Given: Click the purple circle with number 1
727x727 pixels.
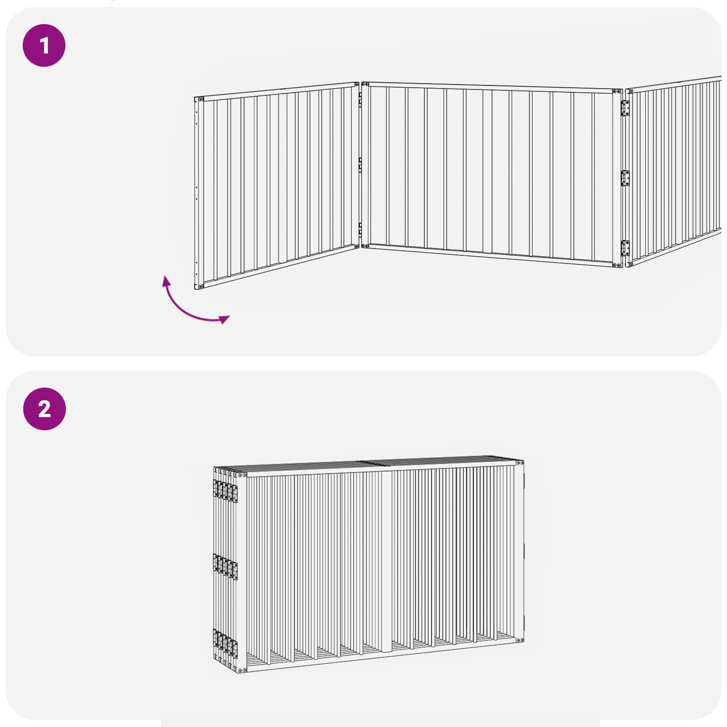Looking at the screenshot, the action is click(x=44, y=45).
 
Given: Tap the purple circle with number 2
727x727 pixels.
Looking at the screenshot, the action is click(x=44, y=409).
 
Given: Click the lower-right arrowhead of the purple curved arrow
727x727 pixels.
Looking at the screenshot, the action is click(x=224, y=319).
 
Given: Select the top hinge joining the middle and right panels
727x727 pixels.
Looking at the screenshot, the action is click(x=626, y=109).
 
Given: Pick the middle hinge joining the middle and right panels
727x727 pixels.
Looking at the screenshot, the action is click(x=626, y=178).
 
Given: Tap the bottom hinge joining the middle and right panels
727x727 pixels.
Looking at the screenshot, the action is click(x=626, y=248).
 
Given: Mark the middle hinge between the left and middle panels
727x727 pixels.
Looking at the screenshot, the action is click(x=360, y=165).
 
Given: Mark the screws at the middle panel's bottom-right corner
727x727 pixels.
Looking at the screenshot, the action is click(x=617, y=265).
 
